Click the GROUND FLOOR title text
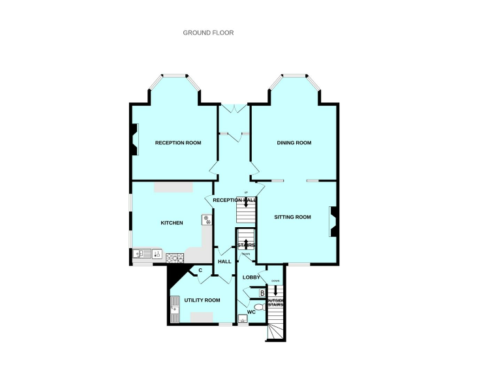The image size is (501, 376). (208, 33)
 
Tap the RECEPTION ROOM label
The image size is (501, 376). (177, 142)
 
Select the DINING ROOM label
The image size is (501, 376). (294, 142)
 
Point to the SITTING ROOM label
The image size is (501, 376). (292, 217)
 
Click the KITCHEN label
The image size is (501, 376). (172, 223)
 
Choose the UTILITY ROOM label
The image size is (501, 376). (202, 300)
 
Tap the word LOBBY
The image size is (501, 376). (251, 277)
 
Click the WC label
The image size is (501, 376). (251, 311)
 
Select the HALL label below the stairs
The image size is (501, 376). (224, 261)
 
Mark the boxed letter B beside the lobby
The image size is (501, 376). (262, 293)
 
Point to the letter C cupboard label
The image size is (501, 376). (200, 270)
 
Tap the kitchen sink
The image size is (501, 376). (142, 253)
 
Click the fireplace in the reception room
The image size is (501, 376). (134, 140)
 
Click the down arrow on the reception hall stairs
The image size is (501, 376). (246, 202)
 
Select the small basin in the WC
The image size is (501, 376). (243, 319)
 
